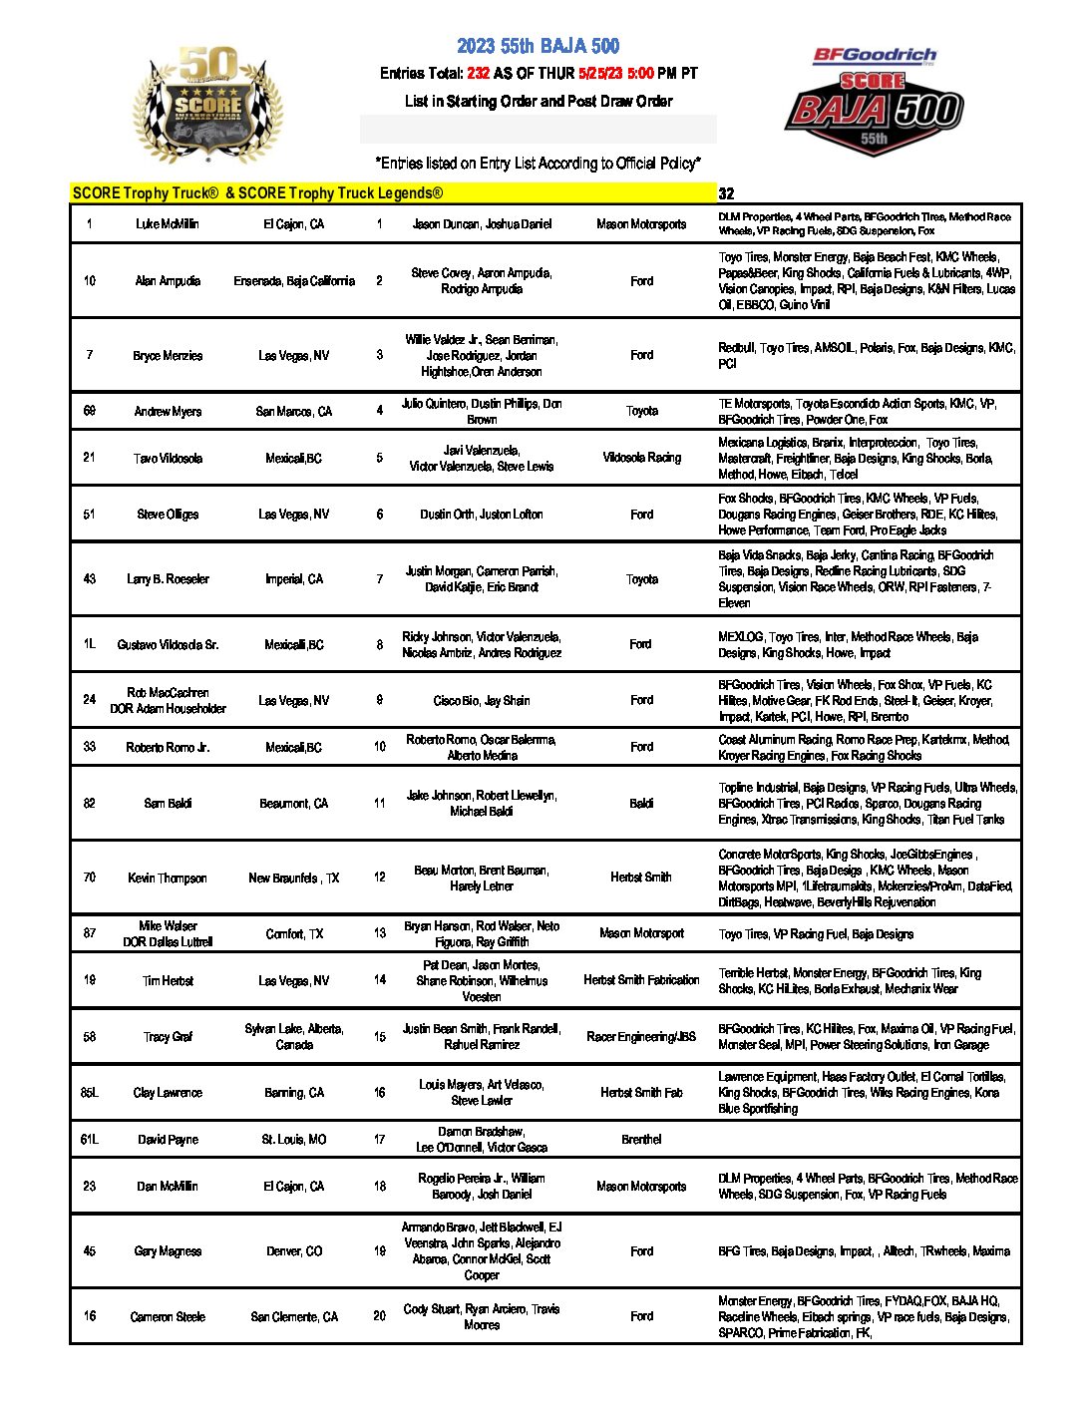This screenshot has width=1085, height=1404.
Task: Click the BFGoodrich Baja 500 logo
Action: pyautogui.click(x=875, y=101)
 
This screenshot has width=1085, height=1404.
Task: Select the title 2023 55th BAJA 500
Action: pyautogui.click(x=539, y=46)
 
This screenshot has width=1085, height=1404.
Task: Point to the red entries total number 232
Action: pyautogui.click(x=478, y=74)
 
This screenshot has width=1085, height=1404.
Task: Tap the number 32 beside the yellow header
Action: pyautogui.click(x=726, y=194)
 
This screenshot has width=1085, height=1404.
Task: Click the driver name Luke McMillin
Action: pyautogui.click(x=168, y=224)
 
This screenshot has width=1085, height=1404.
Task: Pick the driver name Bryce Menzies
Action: pyautogui.click(x=168, y=356)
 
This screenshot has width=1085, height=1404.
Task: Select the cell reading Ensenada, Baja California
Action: pyautogui.click(x=294, y=281)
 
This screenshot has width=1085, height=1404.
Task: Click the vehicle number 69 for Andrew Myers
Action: pyautogui.click(x=90, y=411)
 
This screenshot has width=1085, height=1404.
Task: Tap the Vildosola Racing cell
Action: pyautogui.click(x=641, y=458)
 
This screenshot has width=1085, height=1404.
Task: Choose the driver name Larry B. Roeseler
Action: pyautogui.click(x=168, y=579)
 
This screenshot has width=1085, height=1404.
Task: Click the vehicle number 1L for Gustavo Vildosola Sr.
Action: pyautogui.click(x=90, y=644)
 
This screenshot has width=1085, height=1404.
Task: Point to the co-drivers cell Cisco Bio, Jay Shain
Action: pyautogui.click(x=482, y=701)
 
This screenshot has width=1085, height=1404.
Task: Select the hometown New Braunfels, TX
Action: pyautogui.click(x=294, y=878)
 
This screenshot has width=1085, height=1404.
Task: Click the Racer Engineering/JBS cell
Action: pyautogui.click(x=641, y=1037)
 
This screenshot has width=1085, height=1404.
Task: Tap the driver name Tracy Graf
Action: pyautogui.click(x=168, y=1037)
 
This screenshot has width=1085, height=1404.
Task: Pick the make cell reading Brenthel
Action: pyautogui.click(x=641, y=1140)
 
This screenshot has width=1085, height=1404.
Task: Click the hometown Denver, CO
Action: pyautogui.click(x=294, y=1251)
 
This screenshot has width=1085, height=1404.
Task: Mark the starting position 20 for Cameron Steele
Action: pyautogui.click(x=380, y=1316)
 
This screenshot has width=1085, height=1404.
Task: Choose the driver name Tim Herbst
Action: pyautogui.click(x=168, y=981)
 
